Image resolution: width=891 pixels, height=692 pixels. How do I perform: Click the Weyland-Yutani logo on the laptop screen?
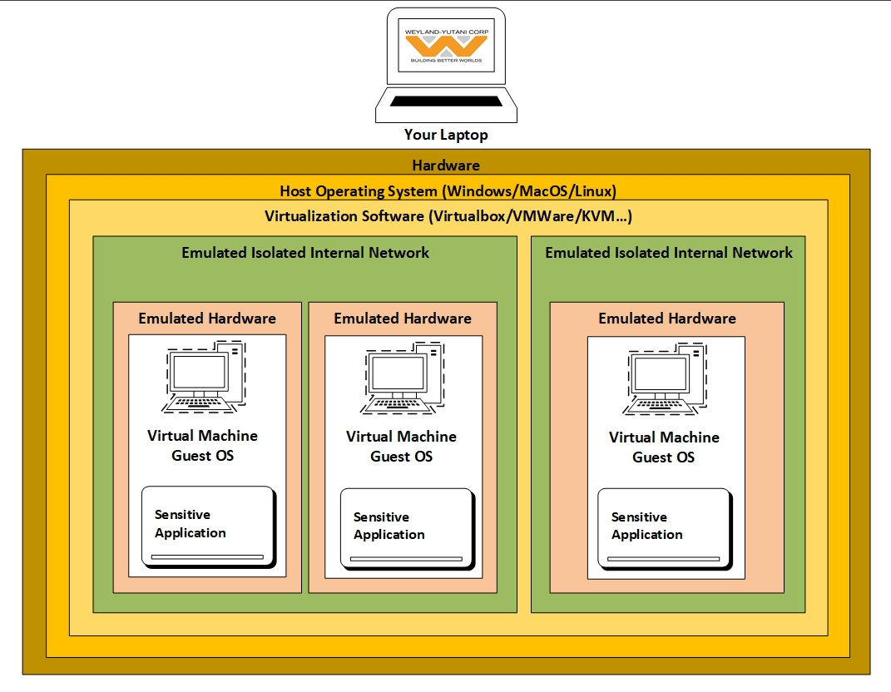(x=446, y=46)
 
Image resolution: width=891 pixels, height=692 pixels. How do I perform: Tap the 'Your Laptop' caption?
(x=446, y=135)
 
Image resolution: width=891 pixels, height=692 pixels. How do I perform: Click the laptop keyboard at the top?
(x=446, y=101)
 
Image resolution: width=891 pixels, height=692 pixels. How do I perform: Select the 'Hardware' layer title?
(x=446, y=166)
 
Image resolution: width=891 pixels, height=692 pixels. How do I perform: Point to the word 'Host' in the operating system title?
(x=295, y=191)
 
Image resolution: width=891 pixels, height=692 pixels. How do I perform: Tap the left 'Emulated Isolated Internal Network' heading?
(x=305, y=253)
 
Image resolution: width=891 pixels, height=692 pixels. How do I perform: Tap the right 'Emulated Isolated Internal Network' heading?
(x=669, y=253)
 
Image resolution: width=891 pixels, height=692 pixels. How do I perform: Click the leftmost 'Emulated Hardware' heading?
(x=207, y=319)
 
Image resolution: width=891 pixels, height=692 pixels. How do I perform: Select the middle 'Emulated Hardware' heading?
(x=403, y=319)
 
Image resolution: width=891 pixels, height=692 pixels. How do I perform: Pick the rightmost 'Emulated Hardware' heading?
(x=667, y=319)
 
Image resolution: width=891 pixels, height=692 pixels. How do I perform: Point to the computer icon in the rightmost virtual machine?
(x=666, y=379)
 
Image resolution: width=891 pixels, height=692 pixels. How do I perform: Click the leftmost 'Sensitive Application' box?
(x=208, y=526)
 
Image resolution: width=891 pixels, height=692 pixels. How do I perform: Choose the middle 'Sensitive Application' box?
(x=407, y=529)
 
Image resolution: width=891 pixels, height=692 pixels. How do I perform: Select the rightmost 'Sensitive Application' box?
(x=665, y=529)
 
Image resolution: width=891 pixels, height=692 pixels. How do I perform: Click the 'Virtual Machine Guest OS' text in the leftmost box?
(x=203, y=446)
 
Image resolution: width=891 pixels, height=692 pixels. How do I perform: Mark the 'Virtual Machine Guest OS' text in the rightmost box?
(x=664, y=447)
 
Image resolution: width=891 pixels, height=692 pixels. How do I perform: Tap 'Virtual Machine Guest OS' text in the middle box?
(x=402, y=447)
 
